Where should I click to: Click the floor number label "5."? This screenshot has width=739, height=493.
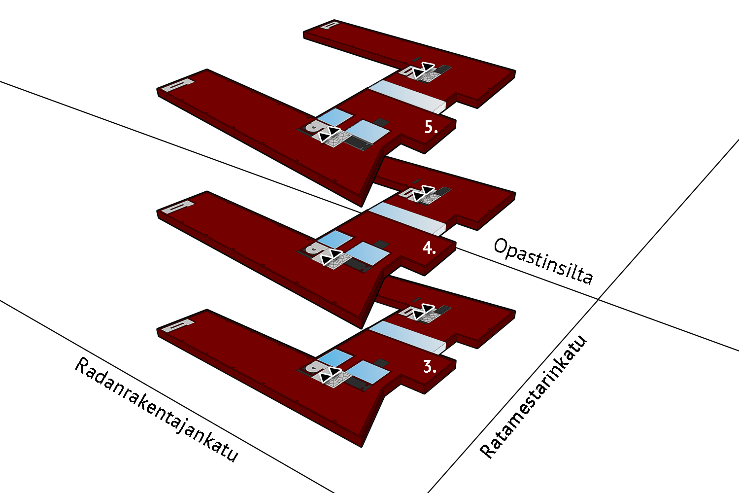pos(431,127)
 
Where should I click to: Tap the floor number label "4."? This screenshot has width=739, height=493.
pos(429,248)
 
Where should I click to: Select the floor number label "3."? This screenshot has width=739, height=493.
pos(430,367)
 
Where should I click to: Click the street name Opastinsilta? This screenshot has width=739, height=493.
pos(543,261)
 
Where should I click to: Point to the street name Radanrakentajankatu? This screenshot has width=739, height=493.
pos(156,410)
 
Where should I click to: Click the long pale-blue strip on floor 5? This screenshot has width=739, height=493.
pos(407,96)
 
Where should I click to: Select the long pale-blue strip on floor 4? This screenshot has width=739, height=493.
pos(407,218)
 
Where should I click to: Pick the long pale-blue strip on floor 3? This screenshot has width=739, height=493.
pos(407,337)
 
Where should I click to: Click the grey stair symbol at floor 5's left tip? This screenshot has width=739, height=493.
pos(178,85)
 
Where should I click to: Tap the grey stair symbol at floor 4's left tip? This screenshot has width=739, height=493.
pos(178,207)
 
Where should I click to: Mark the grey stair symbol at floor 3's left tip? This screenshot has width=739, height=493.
pos(178,325)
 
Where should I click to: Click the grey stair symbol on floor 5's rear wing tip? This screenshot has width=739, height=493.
pos(330,25)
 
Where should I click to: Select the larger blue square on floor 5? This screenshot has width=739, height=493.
pos(369,132)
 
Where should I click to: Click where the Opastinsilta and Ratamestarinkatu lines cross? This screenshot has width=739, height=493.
pos(598,299)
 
